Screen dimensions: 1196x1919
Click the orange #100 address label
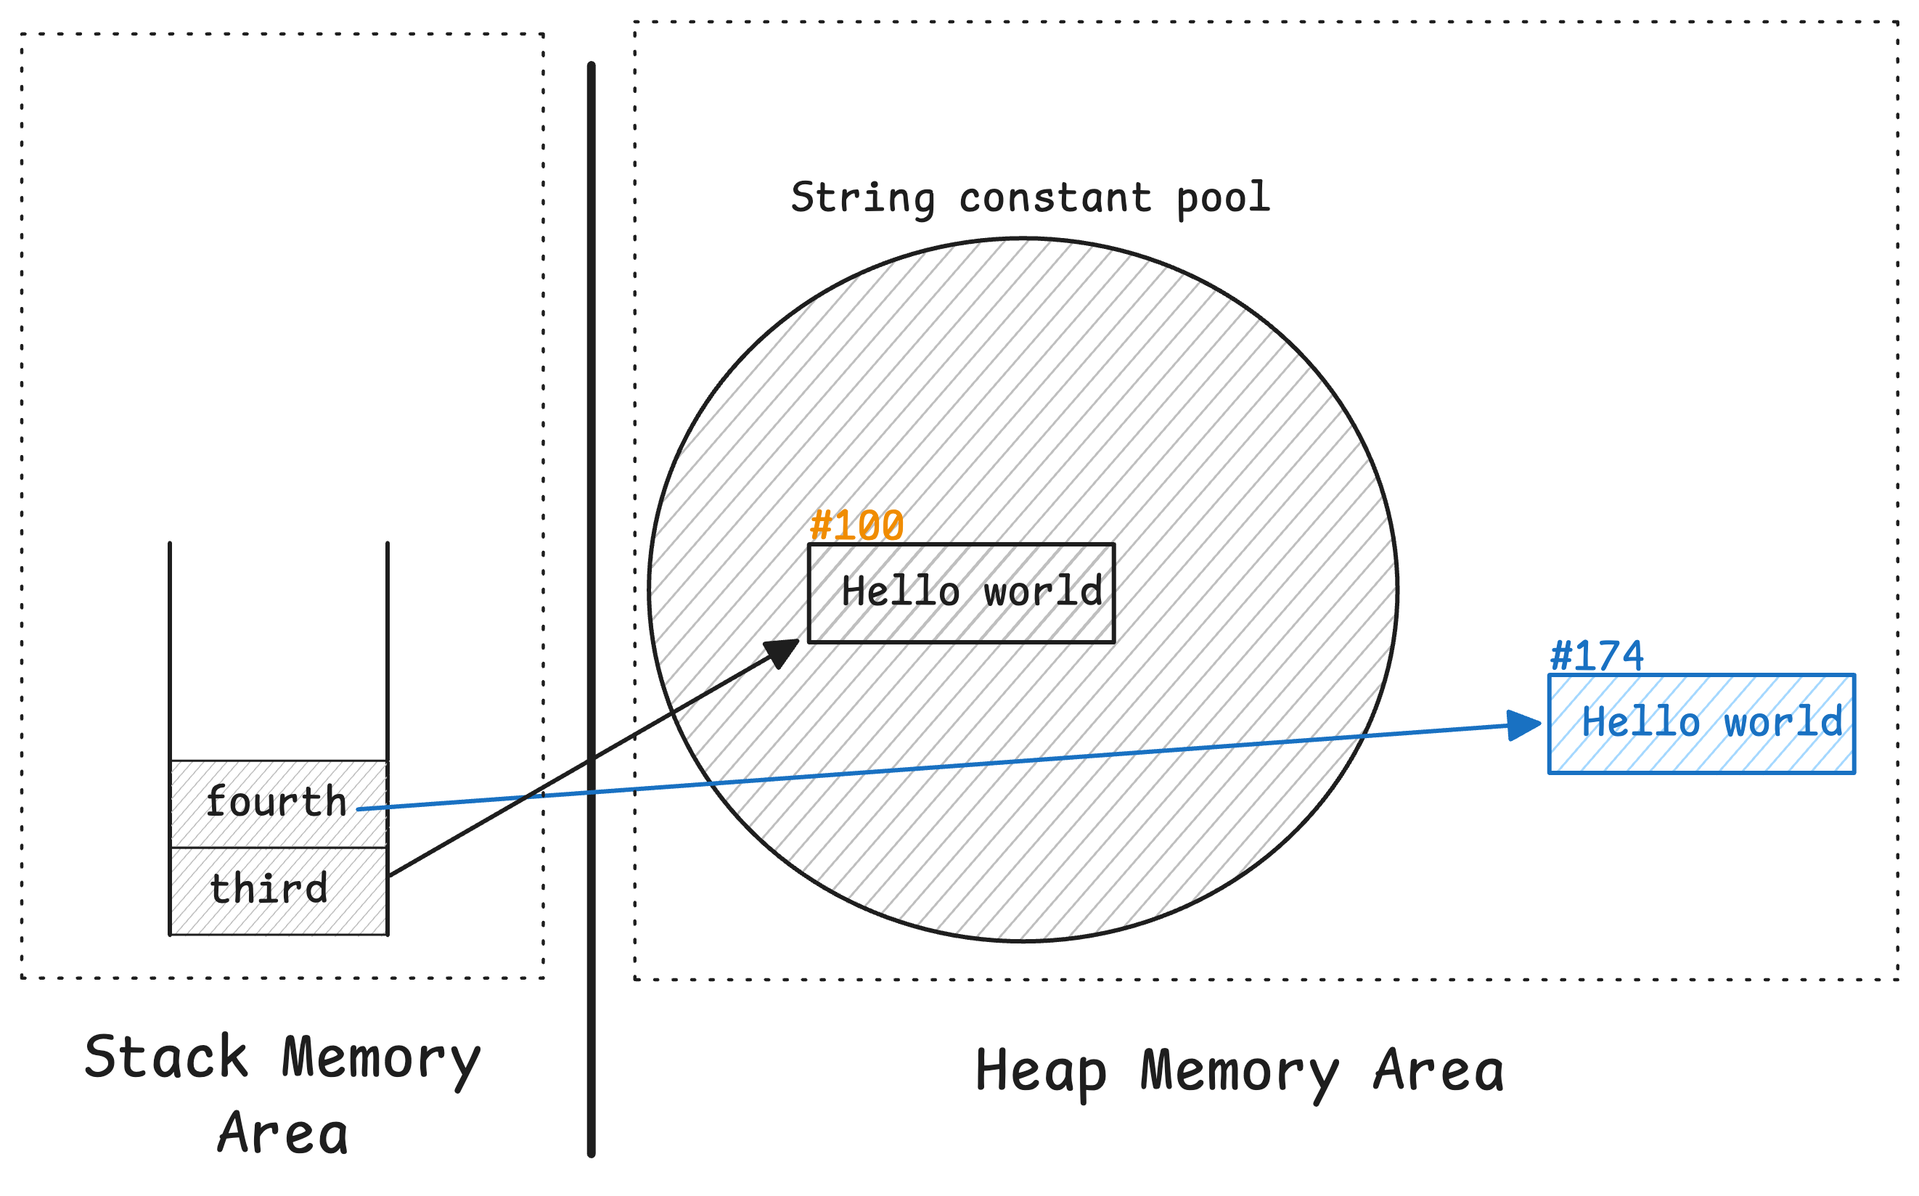click(856, 526)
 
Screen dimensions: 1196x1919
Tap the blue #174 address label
click(1596, 657)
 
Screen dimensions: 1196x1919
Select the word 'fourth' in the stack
click(276, 802)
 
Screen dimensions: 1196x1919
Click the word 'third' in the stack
click(268, 888)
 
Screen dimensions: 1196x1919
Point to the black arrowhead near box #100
click(782, 652)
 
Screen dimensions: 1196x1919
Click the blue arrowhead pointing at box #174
click(1523, 724)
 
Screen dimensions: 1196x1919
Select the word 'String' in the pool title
click(862, 197)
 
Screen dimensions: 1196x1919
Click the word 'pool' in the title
click(1223, 197)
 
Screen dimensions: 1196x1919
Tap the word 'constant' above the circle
click(1055, 197)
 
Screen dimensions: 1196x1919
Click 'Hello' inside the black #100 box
click(900, 591)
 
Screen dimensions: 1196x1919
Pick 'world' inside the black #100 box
click(1042, 591)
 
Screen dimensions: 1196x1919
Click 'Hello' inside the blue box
click(1640, 722)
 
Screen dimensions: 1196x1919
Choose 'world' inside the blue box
click(1783, 722)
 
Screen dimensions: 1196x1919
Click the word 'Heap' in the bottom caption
click(1040, 1072)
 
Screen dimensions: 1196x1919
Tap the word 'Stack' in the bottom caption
click(166, 1057)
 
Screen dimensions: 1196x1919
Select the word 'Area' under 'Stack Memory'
click(283, 1134)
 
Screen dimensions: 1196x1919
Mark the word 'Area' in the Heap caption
click(1439, 1072)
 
